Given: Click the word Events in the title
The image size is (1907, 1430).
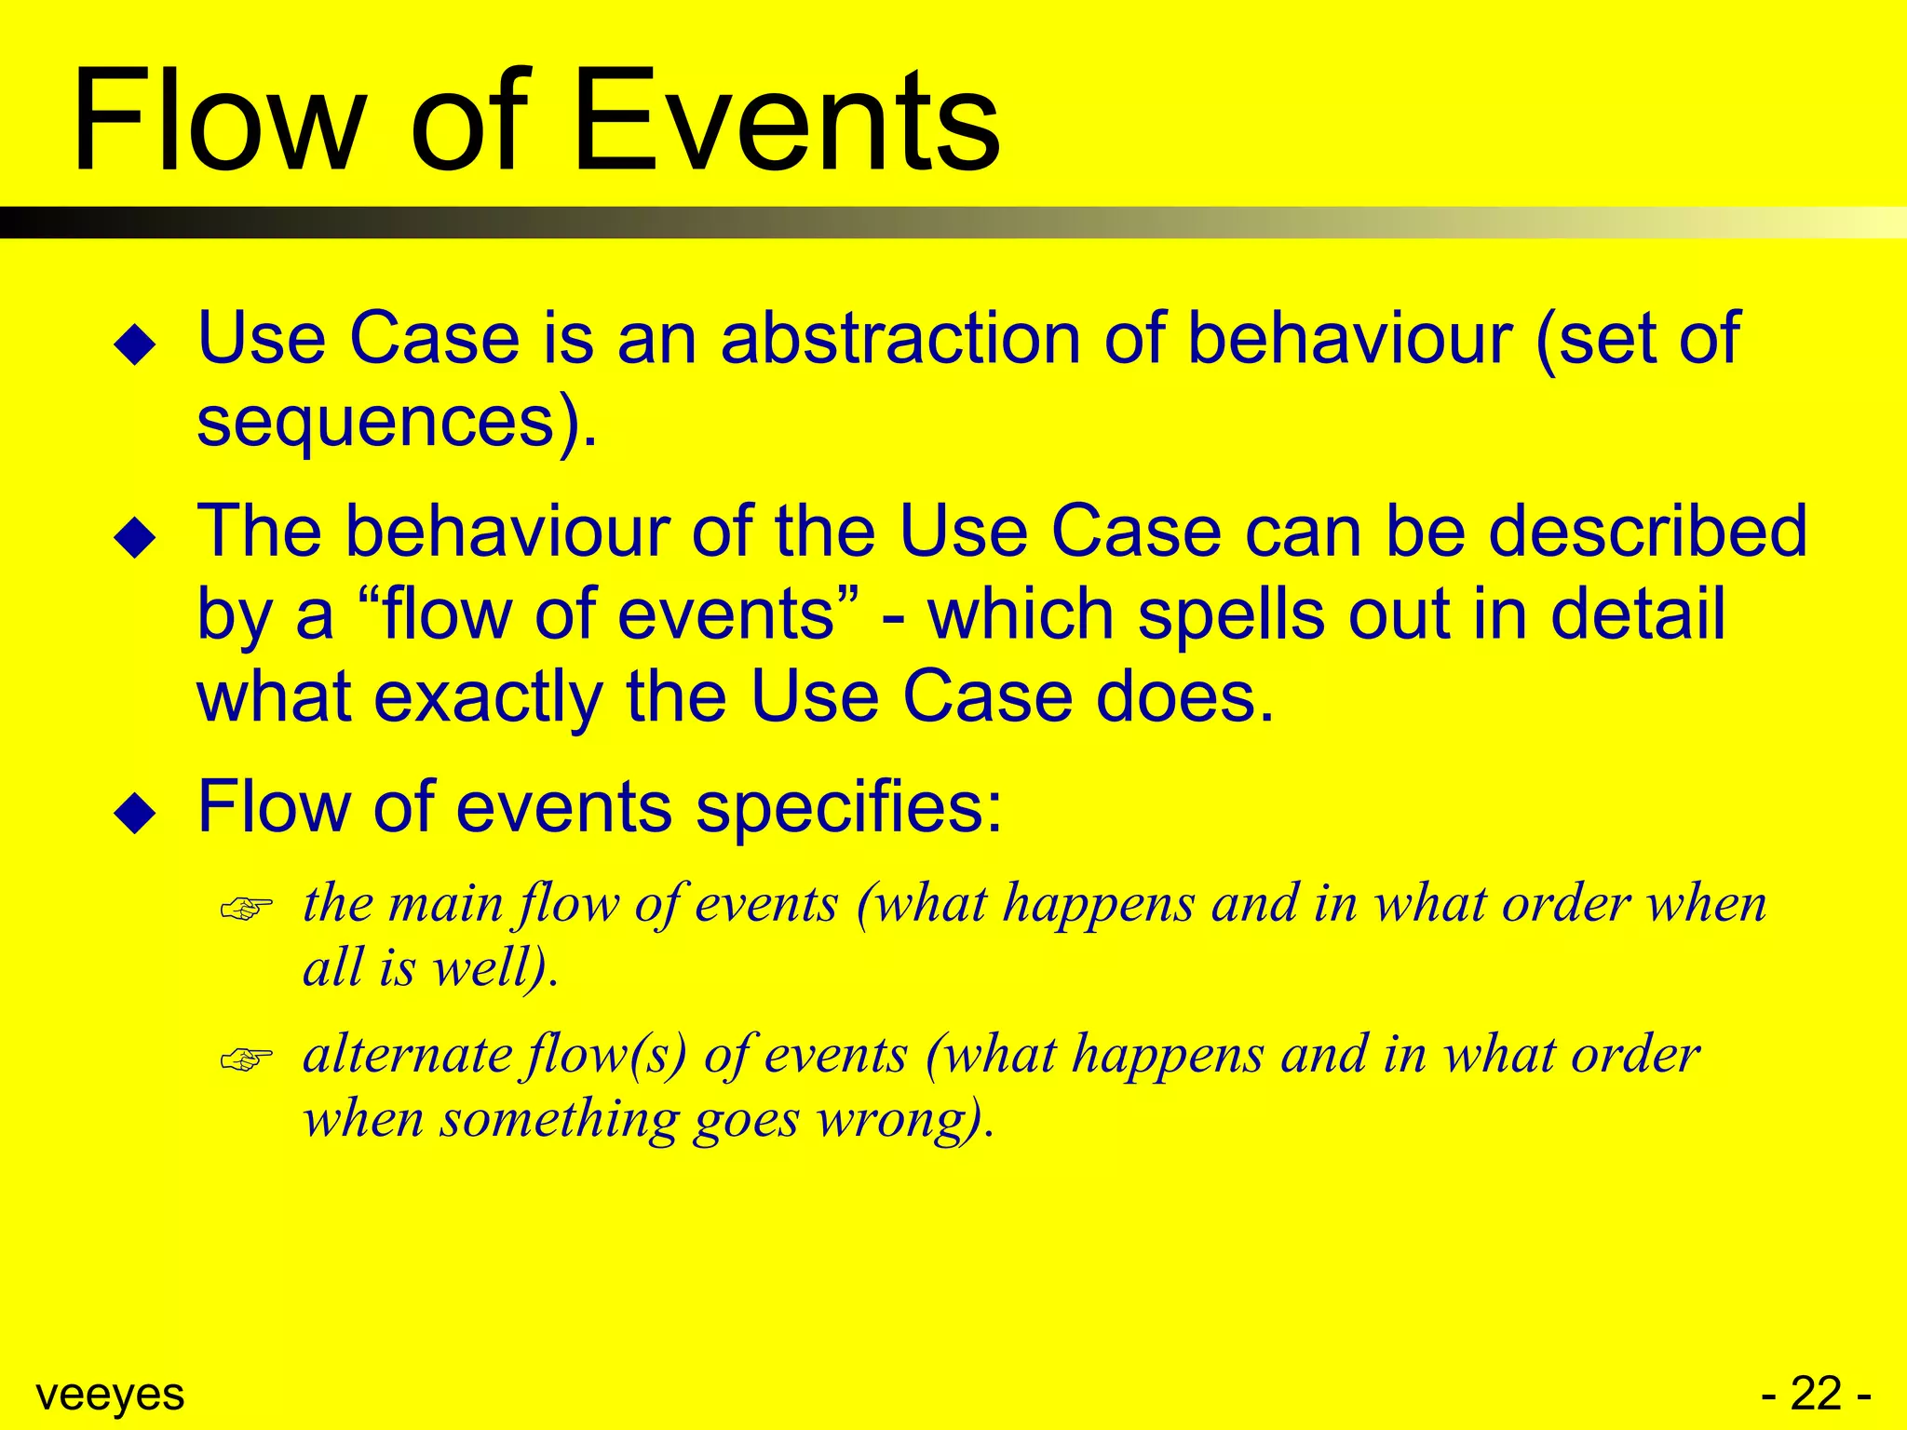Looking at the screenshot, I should (787, 121).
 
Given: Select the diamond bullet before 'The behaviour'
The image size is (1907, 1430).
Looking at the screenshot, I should (135, 538).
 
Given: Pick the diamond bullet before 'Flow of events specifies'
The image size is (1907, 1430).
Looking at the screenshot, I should (135, 813).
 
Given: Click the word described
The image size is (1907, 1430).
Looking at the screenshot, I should (1647, 531).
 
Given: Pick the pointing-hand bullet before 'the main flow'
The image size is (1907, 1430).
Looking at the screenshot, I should (246, 908).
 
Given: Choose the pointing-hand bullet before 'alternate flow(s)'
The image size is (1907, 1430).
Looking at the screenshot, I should (246, 1059).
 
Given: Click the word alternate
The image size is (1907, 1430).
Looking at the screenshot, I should (408, 1055).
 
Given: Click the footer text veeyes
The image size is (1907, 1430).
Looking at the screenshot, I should (110, 1394).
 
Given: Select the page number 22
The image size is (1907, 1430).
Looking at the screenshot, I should (1816, 1394).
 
